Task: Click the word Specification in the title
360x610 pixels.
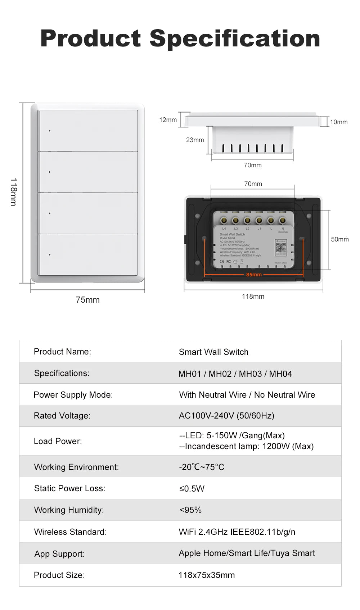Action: click(235, 39)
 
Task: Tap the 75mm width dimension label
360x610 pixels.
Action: click(87, 300)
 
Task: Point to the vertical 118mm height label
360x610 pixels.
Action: click(13, 192)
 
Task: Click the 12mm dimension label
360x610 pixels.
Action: click(168, 120)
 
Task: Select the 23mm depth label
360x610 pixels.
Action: click(195, 140)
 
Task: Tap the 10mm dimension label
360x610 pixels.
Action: click(339, 122)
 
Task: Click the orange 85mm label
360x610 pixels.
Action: click(254, 275)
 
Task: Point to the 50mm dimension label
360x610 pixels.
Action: click(339, 239)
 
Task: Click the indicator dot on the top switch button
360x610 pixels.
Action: click(50, 131)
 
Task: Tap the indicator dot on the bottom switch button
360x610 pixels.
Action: click(50, 255)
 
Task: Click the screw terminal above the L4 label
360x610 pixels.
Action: click(224, 220)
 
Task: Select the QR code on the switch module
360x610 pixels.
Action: click(281, 248)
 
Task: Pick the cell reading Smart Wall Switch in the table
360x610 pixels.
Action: click(213, 352)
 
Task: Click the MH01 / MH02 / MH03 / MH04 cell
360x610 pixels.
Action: click(235, 374)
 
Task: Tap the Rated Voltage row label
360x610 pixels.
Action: click(62, 416)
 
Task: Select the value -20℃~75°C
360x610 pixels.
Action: click(202, 467)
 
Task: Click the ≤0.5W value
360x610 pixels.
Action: click(192, 489)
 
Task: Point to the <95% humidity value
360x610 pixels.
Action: click(190, 510)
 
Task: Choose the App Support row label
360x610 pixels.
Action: click(59, 554)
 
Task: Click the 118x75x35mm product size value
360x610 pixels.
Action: click(207, 575)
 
